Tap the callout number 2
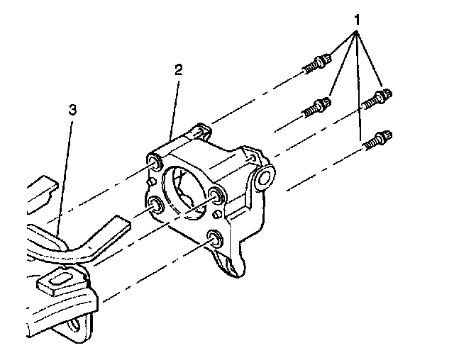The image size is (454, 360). (x=178, y=70)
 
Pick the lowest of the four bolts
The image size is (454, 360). (x=376, y=140)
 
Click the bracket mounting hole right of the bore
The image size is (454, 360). (x=216, y=196)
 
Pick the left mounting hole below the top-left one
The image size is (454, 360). (x=155, y=206)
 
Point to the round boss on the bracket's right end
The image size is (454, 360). (x=267, y=176)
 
